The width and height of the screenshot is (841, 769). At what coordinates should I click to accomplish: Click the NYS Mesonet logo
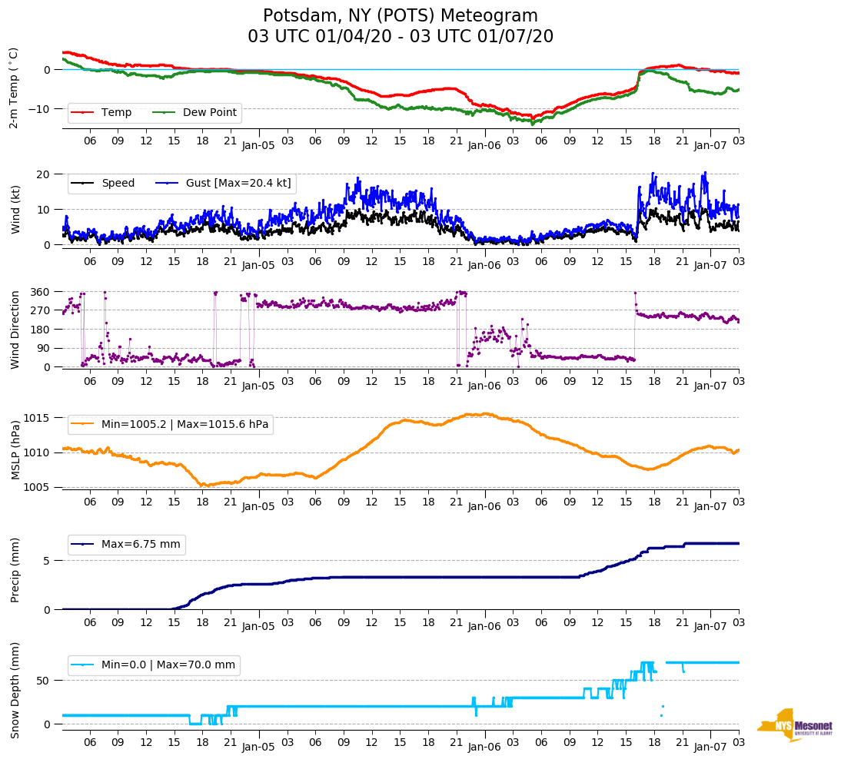(795, 726)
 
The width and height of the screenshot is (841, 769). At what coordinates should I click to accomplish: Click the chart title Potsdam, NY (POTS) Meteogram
(400, 16)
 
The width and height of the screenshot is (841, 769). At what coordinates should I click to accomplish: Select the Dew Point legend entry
(210, 113)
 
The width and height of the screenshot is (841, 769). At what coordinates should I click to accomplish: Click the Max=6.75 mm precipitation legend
(141, 545)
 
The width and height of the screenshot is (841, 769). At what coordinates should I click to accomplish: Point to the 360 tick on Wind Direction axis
(41, 292)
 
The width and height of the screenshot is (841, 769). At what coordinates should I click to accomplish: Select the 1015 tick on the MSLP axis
(38, 418)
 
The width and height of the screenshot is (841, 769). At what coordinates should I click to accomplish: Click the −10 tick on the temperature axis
(38, 109)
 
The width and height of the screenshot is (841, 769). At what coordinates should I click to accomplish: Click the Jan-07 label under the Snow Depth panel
(710, 746)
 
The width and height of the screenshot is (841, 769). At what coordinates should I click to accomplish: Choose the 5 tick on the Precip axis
(47, 561)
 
